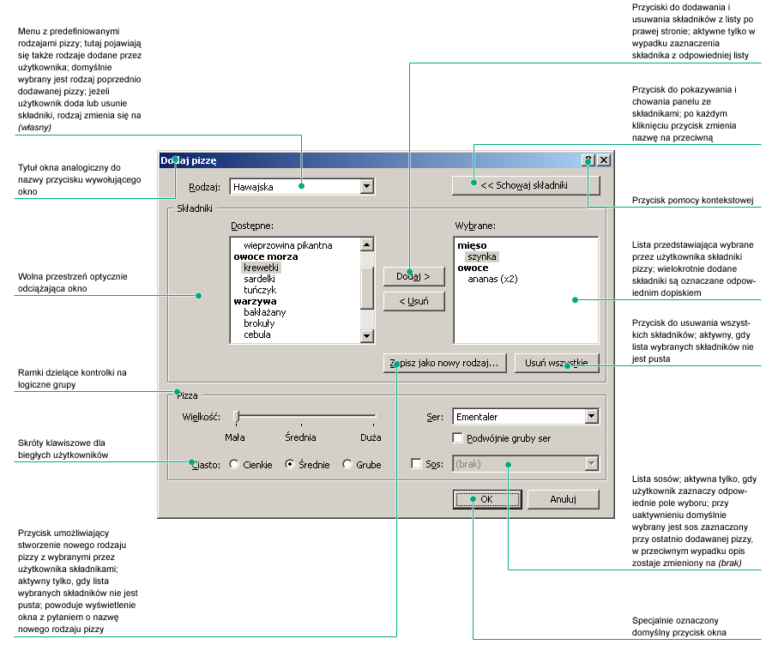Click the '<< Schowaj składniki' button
click(x=526, y=185)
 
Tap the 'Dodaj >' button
click(x=413, y=275)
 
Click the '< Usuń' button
click(x=413, y=301)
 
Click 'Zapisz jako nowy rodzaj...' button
click(x=445, y=363)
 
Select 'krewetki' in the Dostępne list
click(x=262, y=268)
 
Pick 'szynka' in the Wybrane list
click(x=482, y=256)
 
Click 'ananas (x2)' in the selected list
click(x=492, y=279)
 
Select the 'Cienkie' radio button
click(x=235, y=464)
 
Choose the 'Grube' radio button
click(x=347, y=464)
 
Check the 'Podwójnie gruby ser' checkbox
click(x=458, y=438)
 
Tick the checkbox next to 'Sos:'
click(x=417, y=464)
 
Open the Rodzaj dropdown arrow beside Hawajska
click(x=367, y=186)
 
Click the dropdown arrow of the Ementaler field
click(x=591, y=417)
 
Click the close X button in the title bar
click(x=604, y=160)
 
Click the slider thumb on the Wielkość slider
click(x=237, y=417)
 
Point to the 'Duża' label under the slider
click(x=371, y=437)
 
